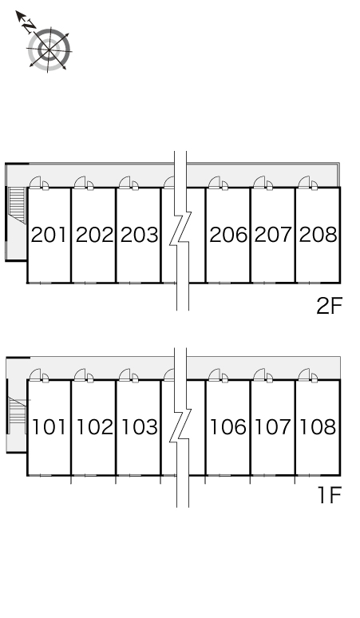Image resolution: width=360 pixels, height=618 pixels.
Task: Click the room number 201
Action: (49, 235)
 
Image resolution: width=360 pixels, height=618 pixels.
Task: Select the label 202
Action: (94, 235)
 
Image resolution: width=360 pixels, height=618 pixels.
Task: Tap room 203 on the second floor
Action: (139, 235)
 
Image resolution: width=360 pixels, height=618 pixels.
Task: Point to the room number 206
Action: (228, 235)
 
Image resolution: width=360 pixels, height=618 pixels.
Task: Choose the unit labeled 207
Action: (273, 235)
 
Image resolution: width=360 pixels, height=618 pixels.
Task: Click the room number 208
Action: (318, 235)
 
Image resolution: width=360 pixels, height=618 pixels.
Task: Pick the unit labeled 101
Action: (49, 427)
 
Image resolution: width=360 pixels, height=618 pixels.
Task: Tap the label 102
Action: (94, 427)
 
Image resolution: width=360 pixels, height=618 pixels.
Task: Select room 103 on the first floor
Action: (139, 427)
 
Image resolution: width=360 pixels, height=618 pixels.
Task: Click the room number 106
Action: (228, 427)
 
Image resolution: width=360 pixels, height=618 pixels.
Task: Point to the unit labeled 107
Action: (273, 427)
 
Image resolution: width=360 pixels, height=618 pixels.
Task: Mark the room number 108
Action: (318, 427)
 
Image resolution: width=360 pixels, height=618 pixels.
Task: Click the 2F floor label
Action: (330, 306)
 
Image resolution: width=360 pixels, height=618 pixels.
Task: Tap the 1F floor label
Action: (330, 495)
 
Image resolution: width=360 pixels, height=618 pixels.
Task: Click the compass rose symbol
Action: (49, 50)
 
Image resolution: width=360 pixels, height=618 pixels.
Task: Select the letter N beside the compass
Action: (29, 26)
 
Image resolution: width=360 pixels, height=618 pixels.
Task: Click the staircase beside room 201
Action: (17, 201)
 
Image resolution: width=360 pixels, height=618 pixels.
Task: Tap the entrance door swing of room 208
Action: (304, 182)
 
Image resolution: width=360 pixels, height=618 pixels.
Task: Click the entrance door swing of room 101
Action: (35, 374)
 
